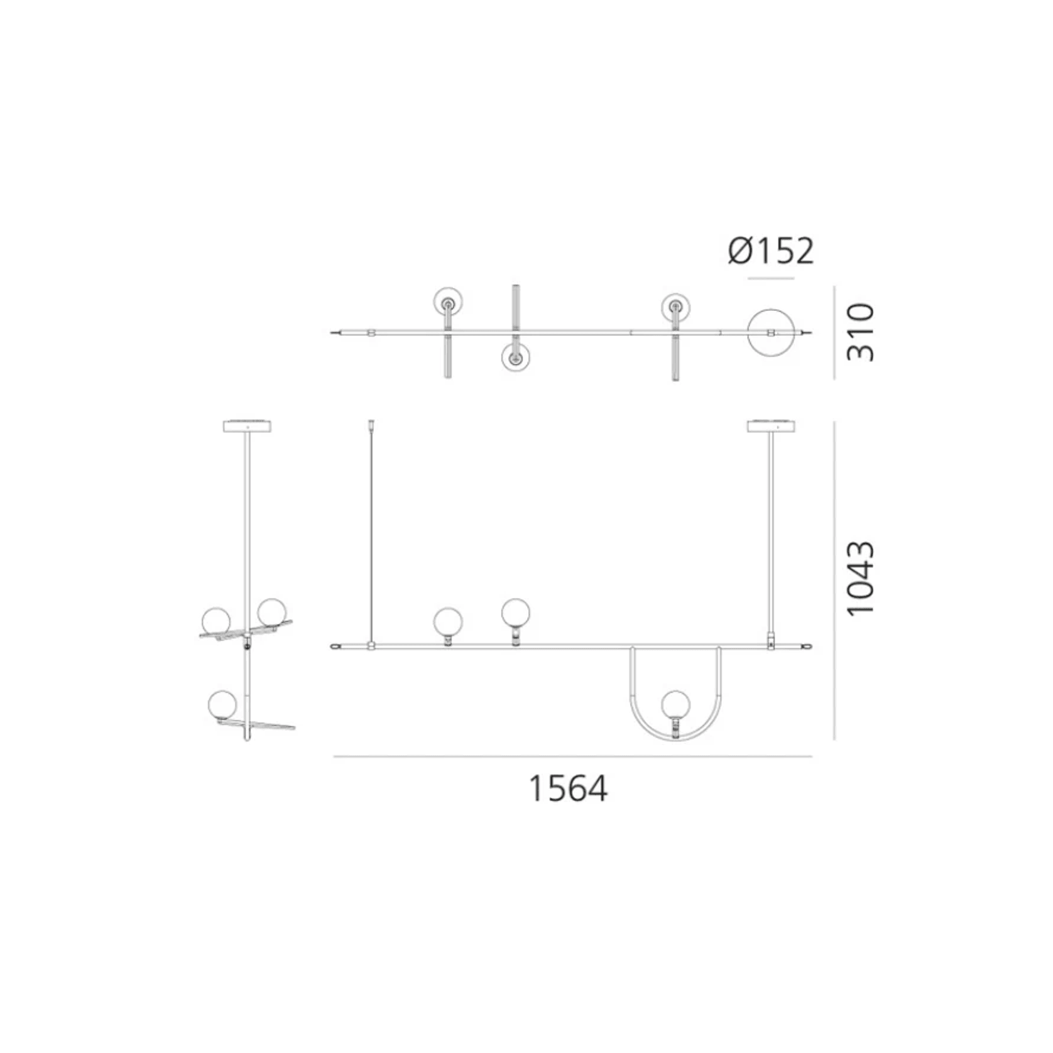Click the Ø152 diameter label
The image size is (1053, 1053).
[x=771, y=251]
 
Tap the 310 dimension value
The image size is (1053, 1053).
[x=860, y=332]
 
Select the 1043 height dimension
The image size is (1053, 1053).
[x=860, y=578]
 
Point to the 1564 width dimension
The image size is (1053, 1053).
[x=568, y=788]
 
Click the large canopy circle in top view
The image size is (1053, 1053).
[x=771, y=309]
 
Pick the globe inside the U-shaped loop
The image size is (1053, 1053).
[x=676, y=704]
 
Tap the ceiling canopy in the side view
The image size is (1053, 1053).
[x=248, y=426]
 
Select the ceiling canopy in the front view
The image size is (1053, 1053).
[x=772, y=426]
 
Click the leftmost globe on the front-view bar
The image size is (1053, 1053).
[x=448, y=622]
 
